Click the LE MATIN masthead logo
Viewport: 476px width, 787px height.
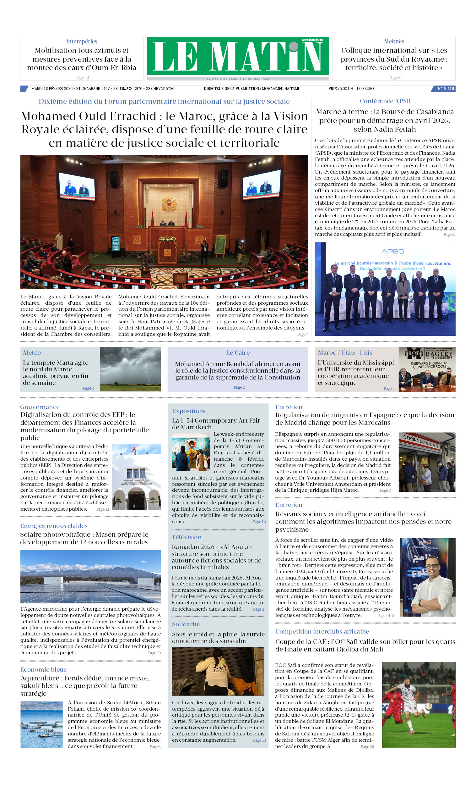238,56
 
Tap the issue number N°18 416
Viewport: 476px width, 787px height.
445,89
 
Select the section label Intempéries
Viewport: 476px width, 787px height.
82,42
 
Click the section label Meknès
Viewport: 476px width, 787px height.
394,42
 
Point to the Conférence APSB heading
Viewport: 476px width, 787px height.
385,101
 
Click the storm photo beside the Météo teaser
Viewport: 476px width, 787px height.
130,369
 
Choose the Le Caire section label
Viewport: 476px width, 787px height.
238,352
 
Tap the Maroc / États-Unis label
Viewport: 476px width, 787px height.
344,352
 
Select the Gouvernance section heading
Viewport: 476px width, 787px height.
40,407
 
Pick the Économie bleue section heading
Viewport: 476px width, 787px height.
43,669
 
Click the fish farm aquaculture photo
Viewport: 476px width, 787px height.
41,724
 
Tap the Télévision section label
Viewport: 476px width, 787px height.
187,537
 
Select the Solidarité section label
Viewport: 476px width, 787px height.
186,624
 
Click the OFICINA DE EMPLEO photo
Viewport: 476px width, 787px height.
427,462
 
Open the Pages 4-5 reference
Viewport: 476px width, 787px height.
385,616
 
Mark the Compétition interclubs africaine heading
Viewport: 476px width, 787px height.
322,631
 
